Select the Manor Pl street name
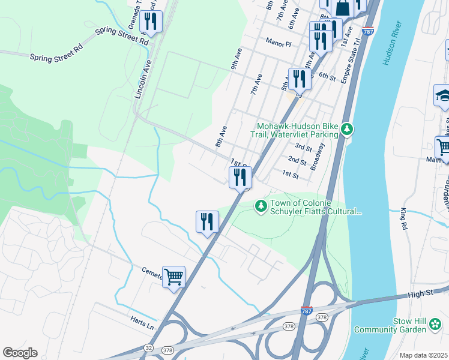(x=279, y=44)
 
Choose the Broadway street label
(x=317, y=157)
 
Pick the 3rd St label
(x=303, y=148)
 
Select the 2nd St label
(x=297, y=160)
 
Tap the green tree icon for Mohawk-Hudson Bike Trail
(x=346, y=129)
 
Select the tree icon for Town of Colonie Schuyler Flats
(x=261, y=206)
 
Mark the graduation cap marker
(x=442, y=95)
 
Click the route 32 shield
(x=148, y=347)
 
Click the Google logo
(x=20, y=353)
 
